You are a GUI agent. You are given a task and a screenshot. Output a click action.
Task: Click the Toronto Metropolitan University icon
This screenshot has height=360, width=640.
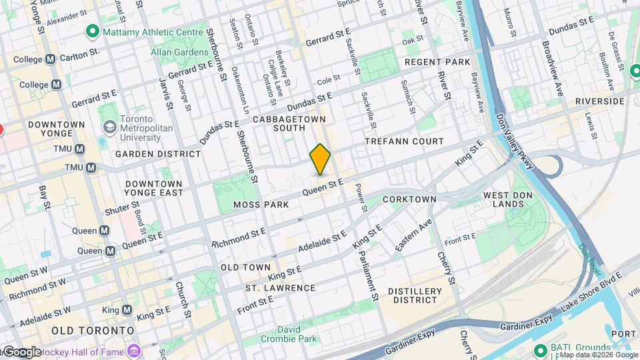point(108,127)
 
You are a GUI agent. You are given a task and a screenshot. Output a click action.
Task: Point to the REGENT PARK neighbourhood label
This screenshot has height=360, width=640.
point(437,62)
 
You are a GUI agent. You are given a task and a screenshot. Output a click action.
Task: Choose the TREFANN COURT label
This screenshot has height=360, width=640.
point(404,141)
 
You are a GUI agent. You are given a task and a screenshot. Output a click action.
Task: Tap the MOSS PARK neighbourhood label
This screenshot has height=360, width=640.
point(261,205)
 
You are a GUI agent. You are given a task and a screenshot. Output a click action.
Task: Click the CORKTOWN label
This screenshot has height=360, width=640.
point(409,199)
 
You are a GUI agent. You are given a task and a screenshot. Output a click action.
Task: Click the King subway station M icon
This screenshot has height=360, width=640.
point(127,310)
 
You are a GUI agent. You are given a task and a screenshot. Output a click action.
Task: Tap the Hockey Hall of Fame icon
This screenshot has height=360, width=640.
point(134,349)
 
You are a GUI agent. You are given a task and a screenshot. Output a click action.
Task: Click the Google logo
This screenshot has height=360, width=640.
point(21,351)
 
